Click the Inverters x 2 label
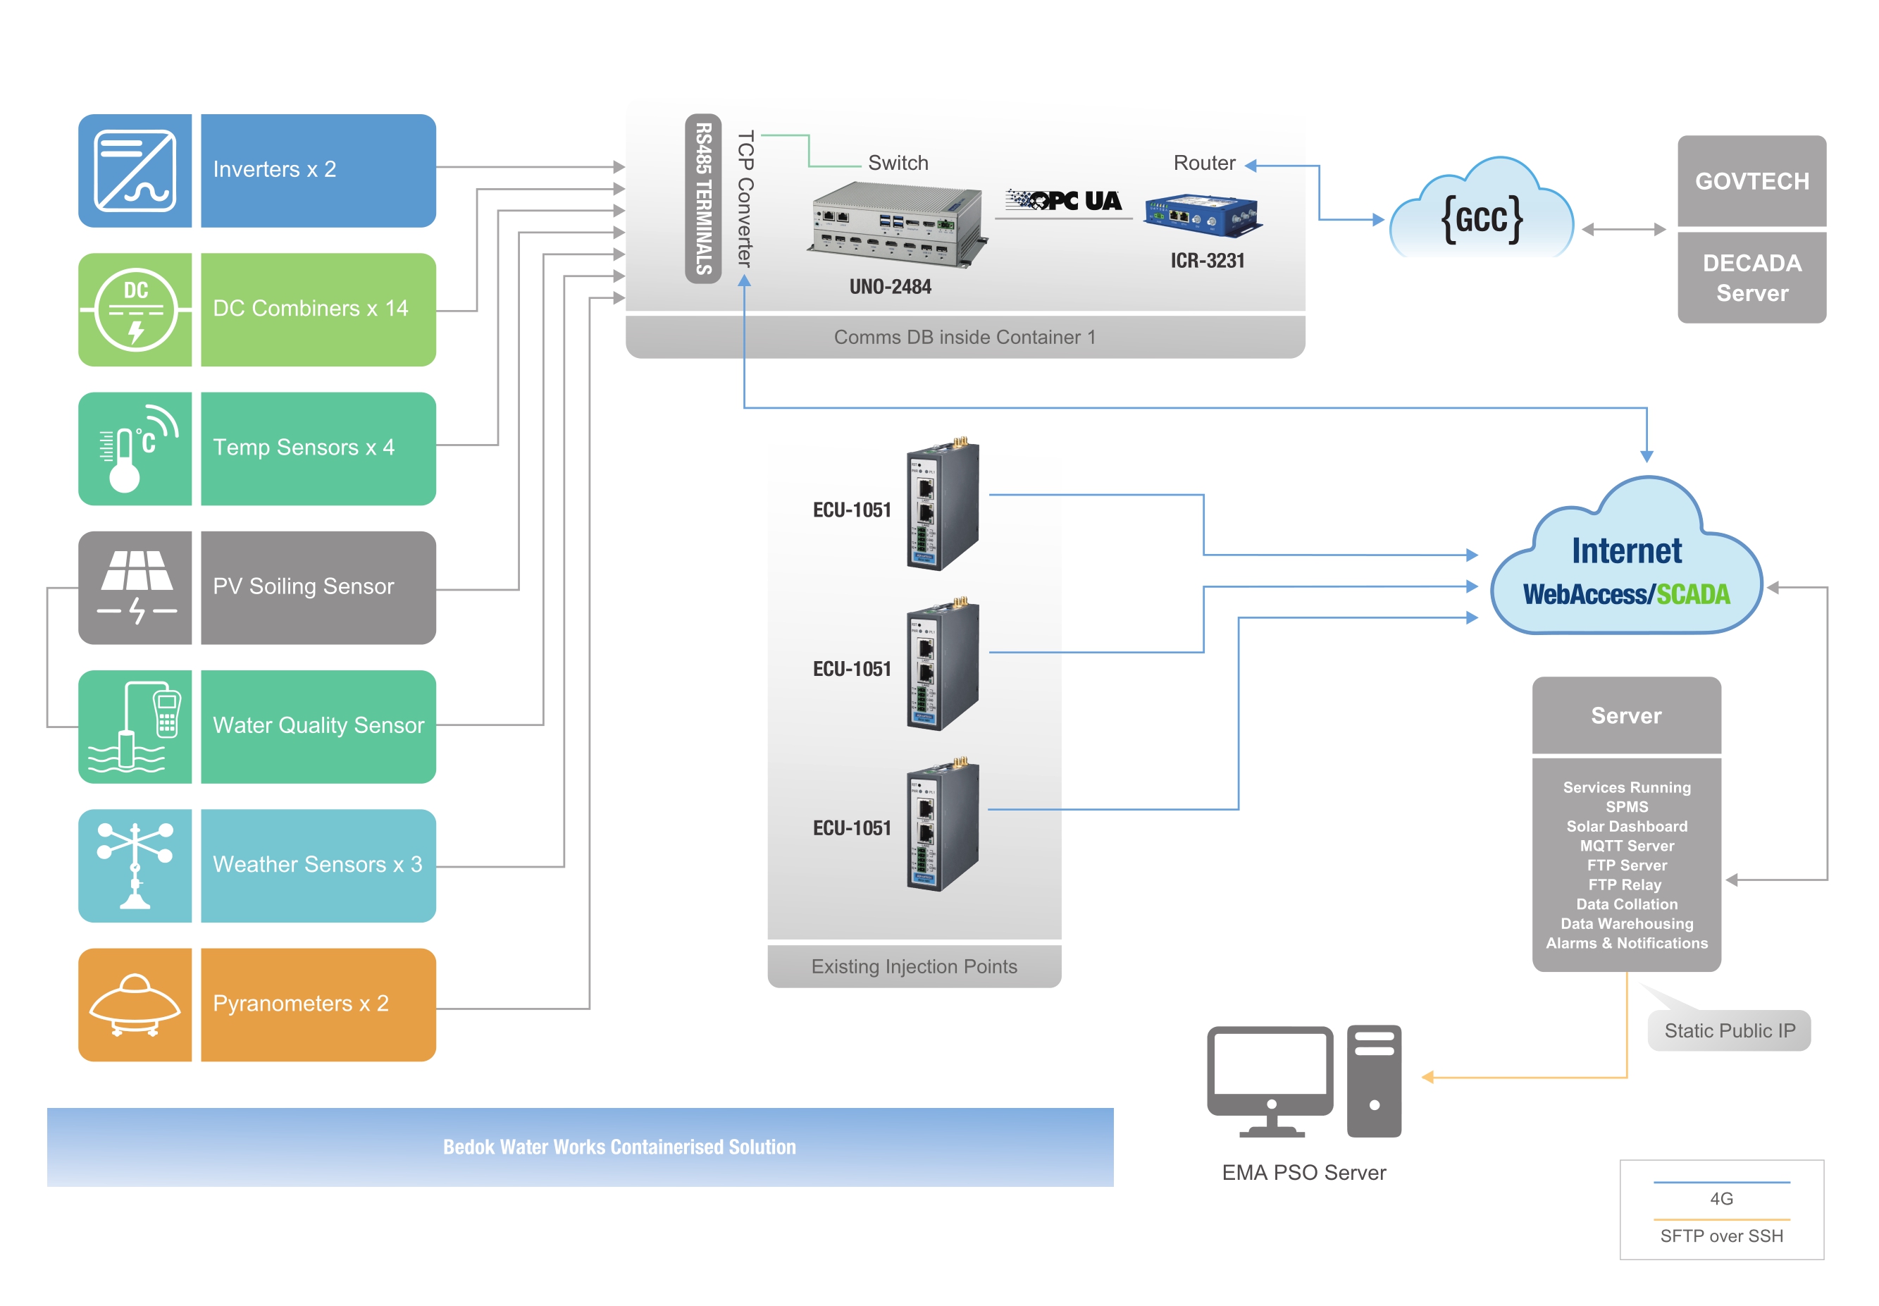[274, 169]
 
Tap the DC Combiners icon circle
[136, 310]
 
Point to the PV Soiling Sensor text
[303, 586]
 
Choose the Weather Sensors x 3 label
[317, 864]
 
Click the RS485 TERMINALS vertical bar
[702, 199]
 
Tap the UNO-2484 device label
[890, 286]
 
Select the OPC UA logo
[1063, 200]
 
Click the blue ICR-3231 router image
[1203, 215]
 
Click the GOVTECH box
[1751, 181]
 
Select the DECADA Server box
[1751, 278]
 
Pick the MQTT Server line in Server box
[1626, 845]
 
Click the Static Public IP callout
[1730, 1030]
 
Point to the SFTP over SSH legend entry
[1721, 1236]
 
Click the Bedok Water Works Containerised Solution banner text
[619, 1147]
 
